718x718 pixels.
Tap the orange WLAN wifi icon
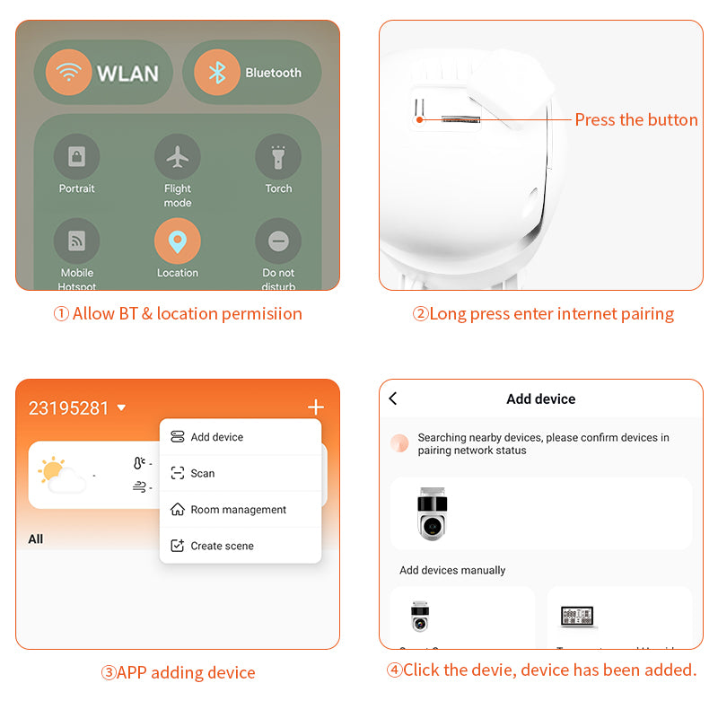point(68,73)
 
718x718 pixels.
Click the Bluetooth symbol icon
point(217,73)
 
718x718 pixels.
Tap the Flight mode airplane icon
point(178,157)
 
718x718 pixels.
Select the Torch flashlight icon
point(278,157)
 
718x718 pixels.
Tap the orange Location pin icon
point(178,241)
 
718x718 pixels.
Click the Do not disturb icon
point(278,241)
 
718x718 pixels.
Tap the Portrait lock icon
point(77,157)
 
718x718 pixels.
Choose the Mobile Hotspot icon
point(77,241)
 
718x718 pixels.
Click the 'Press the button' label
point(635,119)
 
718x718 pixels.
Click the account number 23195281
point(69,408)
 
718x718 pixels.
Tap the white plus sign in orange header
point(315,407)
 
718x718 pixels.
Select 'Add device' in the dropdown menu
point(216,437)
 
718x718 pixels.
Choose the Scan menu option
point(203,473)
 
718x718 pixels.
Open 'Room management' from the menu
point(238,510)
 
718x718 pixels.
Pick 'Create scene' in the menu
point(222,546)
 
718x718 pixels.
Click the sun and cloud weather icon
point(62,475)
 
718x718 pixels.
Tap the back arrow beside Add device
point(393,398)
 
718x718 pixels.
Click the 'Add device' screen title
point(540,398)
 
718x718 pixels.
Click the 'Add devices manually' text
point(452,570)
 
